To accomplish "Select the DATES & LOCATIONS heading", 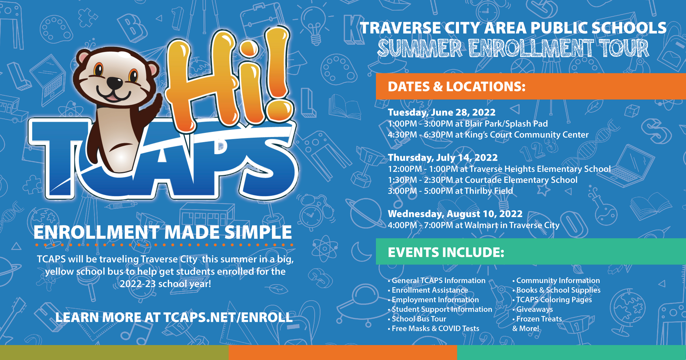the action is [x=457, y=87].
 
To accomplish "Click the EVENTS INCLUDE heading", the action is [x=446, y=252].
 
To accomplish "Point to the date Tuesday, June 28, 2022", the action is [x=441, y=112].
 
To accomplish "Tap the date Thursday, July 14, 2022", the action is [x=443, y=157].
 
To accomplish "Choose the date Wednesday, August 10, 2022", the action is [x=455, y=214].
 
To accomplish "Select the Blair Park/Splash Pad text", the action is [x=506, y=124].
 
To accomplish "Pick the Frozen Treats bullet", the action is [x=537, y=319].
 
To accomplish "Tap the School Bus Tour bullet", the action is [x=417, y=319].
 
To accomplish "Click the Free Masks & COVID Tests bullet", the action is [x=433, y=329].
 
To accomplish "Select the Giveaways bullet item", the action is [x=533, y=309].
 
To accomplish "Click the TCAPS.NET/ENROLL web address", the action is [x=228, y=317].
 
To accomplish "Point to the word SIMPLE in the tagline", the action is [x=258, y=232].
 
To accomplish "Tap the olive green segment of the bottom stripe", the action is [x=114, y=353].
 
